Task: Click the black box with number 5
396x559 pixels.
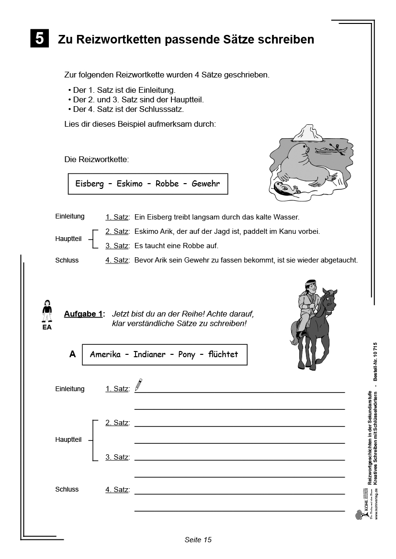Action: tap(39, 38)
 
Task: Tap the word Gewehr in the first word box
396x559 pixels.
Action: tap(205, 184)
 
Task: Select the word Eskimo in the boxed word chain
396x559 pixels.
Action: tap(129, 184)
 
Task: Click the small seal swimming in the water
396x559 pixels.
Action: tap(286, 189)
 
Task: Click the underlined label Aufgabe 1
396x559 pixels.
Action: tap(83, 314)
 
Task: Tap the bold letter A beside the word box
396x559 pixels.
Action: tap(73, 354)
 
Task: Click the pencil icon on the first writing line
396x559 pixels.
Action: tap(138, 384)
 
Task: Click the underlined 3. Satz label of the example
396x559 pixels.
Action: tap(117, 246)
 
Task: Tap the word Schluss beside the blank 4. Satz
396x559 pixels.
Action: tap(67, 489)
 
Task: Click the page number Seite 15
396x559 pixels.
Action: tap(198, 540)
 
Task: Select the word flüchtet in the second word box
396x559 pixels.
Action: tap(223, 355)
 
